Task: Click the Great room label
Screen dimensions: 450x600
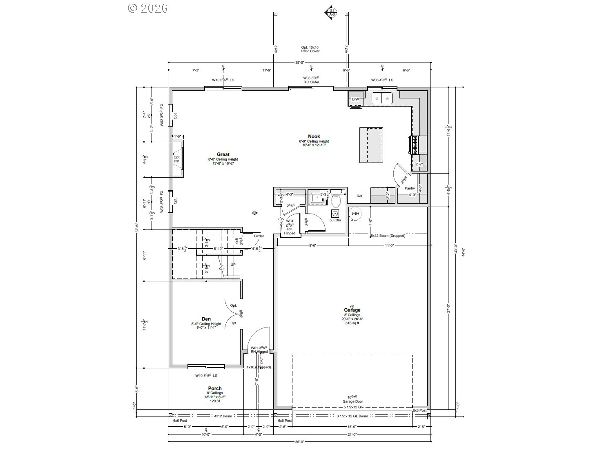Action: point(223,155)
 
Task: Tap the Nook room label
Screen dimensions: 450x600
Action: point(314,136)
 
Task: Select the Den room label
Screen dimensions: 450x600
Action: point(206,319)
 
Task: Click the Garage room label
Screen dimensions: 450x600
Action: point(352,310)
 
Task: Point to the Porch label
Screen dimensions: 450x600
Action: point(215,388)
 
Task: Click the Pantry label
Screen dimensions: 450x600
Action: point(410,188)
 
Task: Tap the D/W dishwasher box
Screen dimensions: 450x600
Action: point(355,99)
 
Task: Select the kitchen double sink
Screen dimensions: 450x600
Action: point(382,98)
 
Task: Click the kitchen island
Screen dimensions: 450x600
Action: point(371,145)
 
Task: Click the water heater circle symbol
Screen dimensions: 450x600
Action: point(354,214)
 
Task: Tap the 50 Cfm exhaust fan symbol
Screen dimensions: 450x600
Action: point(335,214)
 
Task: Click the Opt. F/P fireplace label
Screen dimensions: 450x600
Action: point(176,159)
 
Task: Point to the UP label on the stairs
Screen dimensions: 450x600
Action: point(233,265)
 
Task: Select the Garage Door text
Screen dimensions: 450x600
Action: point(352,401)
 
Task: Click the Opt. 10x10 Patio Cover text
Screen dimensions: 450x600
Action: point(310,49)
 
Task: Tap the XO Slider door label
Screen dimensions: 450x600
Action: point(311,82)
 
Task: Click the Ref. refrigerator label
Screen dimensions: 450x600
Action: point(359,196)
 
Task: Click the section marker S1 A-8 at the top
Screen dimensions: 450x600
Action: point(332,12)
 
